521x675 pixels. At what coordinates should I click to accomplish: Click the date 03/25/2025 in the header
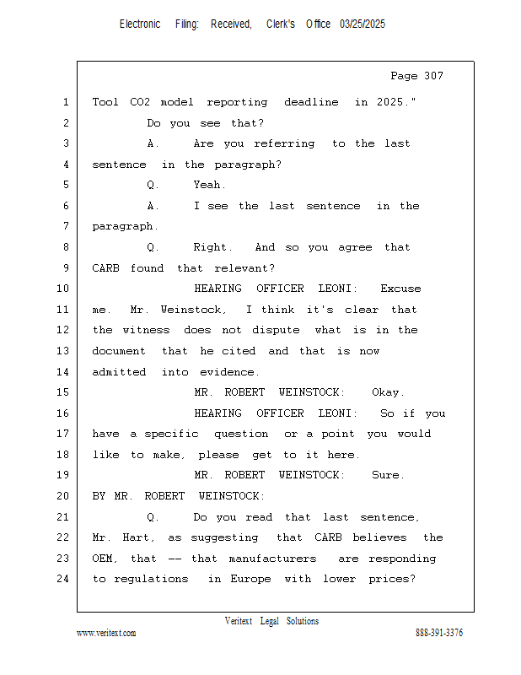363,24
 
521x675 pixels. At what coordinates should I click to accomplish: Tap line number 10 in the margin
65,289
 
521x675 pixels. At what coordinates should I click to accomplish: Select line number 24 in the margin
65,579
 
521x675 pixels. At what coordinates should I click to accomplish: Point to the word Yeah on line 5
209,185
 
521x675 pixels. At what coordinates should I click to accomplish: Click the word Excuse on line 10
400,289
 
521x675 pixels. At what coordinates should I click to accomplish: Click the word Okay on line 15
388,392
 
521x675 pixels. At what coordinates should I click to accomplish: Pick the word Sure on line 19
388,475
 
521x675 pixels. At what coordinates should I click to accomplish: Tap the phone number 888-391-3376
438,634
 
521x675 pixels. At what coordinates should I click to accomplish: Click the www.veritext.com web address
106,634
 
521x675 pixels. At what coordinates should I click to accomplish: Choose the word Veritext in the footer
239,621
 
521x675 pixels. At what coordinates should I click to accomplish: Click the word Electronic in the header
140,24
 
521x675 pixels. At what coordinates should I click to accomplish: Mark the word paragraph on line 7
125,226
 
